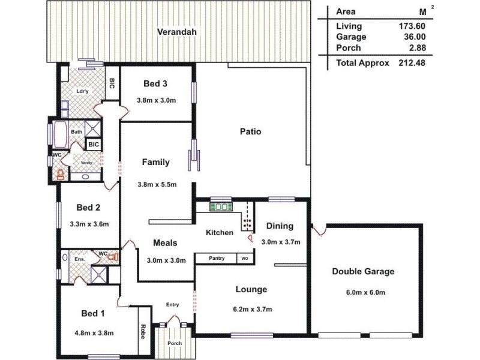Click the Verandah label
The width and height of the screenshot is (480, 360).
click(x=177, y=32)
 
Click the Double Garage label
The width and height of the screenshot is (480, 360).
click(x=363, y=271)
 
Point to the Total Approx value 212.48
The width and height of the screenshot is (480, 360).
click(x=412, y=62)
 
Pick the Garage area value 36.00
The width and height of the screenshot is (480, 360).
click(x=413, y=37)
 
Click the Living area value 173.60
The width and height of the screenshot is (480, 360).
click(x=412, y=26)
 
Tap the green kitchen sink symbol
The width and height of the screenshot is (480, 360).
click(x=221, y=207)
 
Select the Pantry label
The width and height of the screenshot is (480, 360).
click(x=217, y=258)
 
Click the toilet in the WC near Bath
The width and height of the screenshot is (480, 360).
click(x=60, y=174)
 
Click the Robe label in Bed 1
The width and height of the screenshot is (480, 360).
click(x=143, y=332)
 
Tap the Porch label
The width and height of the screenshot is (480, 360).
click(x=174, y=343)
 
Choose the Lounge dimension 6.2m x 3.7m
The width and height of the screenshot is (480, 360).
click(x=251, y=310)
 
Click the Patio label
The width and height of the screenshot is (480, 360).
click(x=250, y=131)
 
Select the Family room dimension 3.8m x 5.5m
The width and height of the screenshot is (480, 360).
click(x=156, y=184)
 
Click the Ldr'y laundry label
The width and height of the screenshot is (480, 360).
click(x=83, y=91)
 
